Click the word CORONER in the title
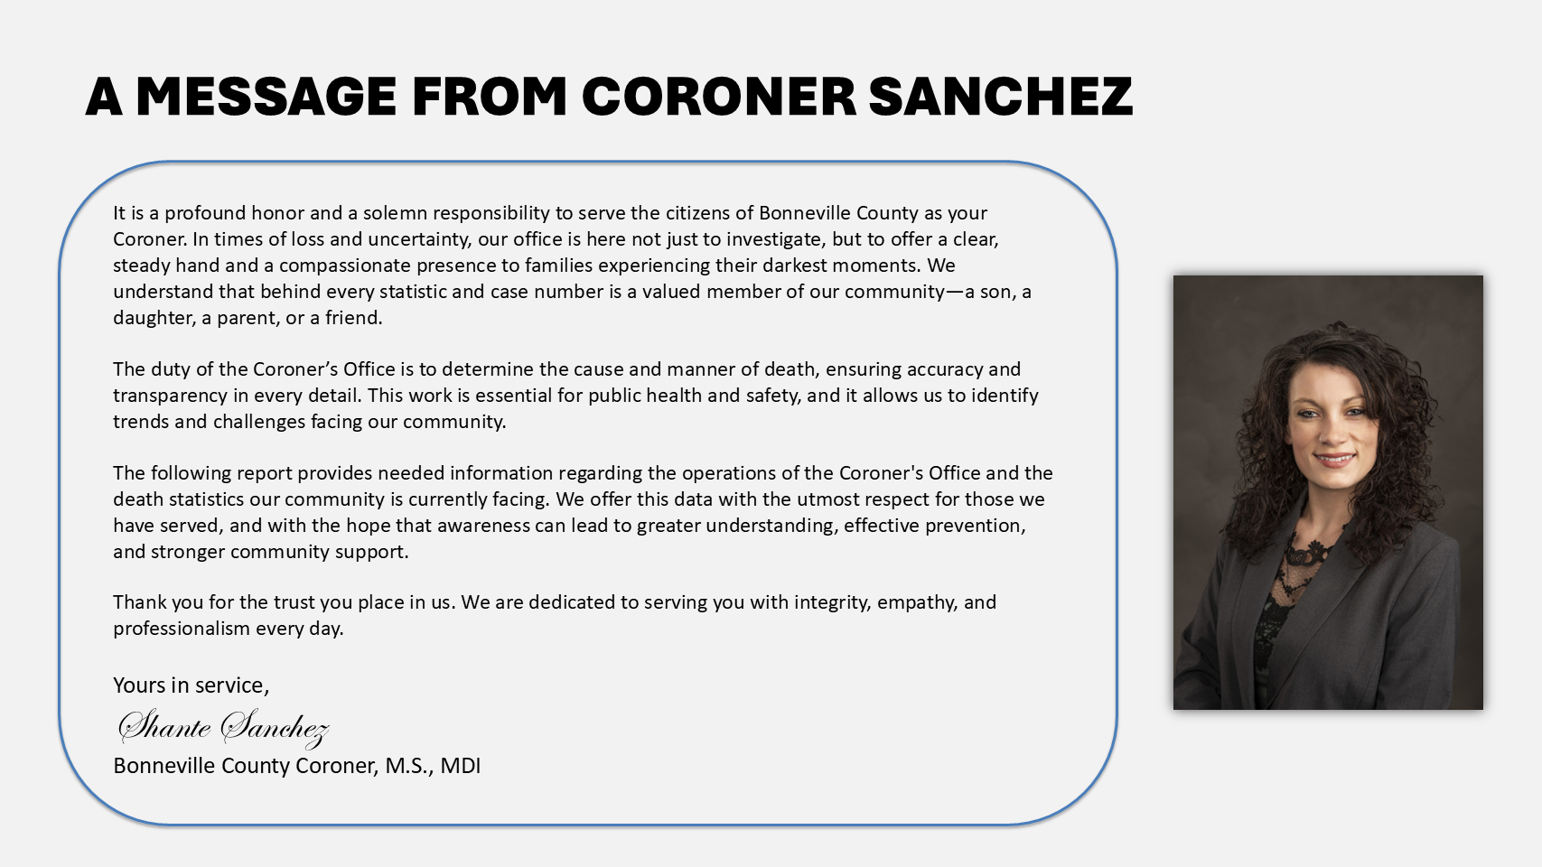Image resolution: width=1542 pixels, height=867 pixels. coord(718,97)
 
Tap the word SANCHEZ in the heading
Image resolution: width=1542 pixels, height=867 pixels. coord(1000,97)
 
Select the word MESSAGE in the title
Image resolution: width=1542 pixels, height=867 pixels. coord(266,97)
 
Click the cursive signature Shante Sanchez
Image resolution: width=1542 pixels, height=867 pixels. coord(222,727)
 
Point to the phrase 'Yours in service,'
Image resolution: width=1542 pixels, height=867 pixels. coord(191,685)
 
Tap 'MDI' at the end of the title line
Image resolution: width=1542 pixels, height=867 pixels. coord(461,766)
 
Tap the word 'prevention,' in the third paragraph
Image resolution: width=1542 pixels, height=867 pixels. coord(979,526)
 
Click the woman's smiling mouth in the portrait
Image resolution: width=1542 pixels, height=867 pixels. coord(1334,459)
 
